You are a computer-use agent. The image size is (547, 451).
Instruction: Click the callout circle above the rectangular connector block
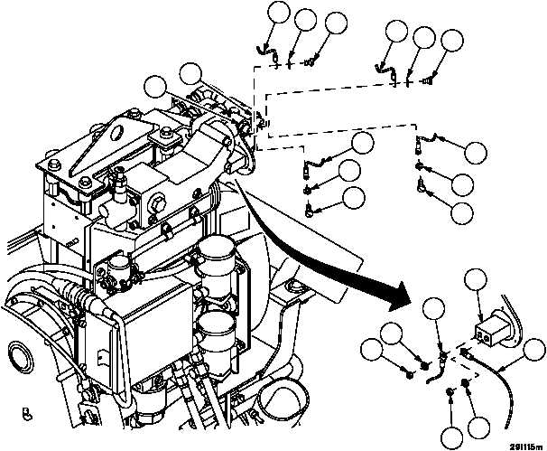pos(478,281)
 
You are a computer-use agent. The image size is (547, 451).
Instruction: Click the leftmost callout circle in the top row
pos(281,14)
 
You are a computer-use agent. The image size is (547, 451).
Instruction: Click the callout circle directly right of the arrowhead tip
pos(436,309)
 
